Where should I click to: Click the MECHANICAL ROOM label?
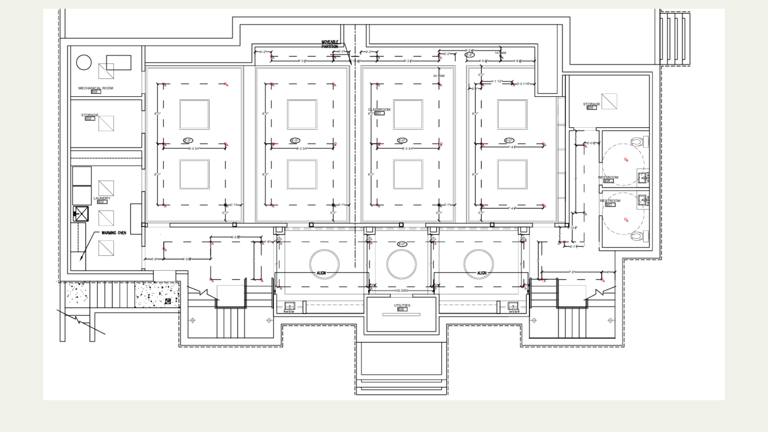click(96, 88)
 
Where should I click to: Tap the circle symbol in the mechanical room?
click(84, 62)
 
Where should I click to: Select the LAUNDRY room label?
click(102, 198)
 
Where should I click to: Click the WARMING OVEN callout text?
click(114, 233)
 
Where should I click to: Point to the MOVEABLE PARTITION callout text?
click(330, 44)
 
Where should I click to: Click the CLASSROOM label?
click(379, 110)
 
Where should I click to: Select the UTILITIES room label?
click(402, 306)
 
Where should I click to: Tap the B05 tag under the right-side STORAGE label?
click(592, 108)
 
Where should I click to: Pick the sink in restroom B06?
click(643, 177)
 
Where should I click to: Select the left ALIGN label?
click(321, 273)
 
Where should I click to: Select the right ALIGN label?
click(482, 273)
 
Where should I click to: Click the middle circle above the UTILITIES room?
click(401, 264)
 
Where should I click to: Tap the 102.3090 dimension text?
click(401, 290)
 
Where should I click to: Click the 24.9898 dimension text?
click(439, 76)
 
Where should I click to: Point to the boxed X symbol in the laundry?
click(82, 214)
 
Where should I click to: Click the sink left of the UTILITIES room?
click(290, 307)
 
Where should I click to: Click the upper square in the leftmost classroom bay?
click(194, 114)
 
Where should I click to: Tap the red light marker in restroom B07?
click(626, 219)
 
